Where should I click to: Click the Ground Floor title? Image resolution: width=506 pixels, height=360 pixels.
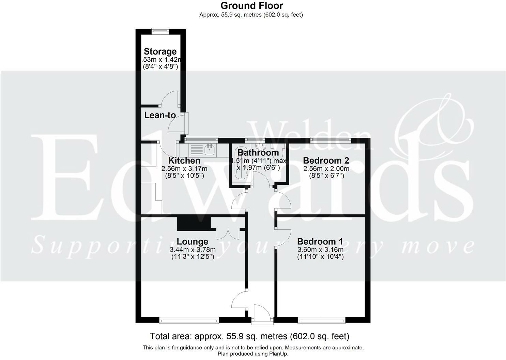point(251,6)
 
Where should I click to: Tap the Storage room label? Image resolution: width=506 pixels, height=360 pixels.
point(160,51)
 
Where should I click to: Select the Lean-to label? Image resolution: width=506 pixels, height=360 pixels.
point(160,115)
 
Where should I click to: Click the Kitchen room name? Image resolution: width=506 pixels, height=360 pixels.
point(184,160)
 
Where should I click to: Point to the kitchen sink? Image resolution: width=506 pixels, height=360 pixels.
point(209,149)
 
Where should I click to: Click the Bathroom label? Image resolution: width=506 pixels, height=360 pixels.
point(258,153)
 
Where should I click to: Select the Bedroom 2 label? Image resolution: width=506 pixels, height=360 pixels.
point(326,160)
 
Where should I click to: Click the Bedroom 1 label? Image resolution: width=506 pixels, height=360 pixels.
point(320,241)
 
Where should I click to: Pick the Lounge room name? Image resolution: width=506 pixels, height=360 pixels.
point(193,242)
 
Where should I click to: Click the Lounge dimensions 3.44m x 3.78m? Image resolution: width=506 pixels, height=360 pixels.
point(193,250)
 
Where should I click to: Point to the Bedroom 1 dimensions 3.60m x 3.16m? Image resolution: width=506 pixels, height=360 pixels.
point(320,249)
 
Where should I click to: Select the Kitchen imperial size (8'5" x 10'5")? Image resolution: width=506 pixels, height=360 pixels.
point(184,176)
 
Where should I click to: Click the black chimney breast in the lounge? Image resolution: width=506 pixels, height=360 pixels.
point(193,223)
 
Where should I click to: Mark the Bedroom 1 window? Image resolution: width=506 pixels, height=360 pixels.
point(321,320)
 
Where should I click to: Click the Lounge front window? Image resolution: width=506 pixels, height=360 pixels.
point(189,320)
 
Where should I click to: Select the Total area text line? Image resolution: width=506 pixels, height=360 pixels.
point(249,336)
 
